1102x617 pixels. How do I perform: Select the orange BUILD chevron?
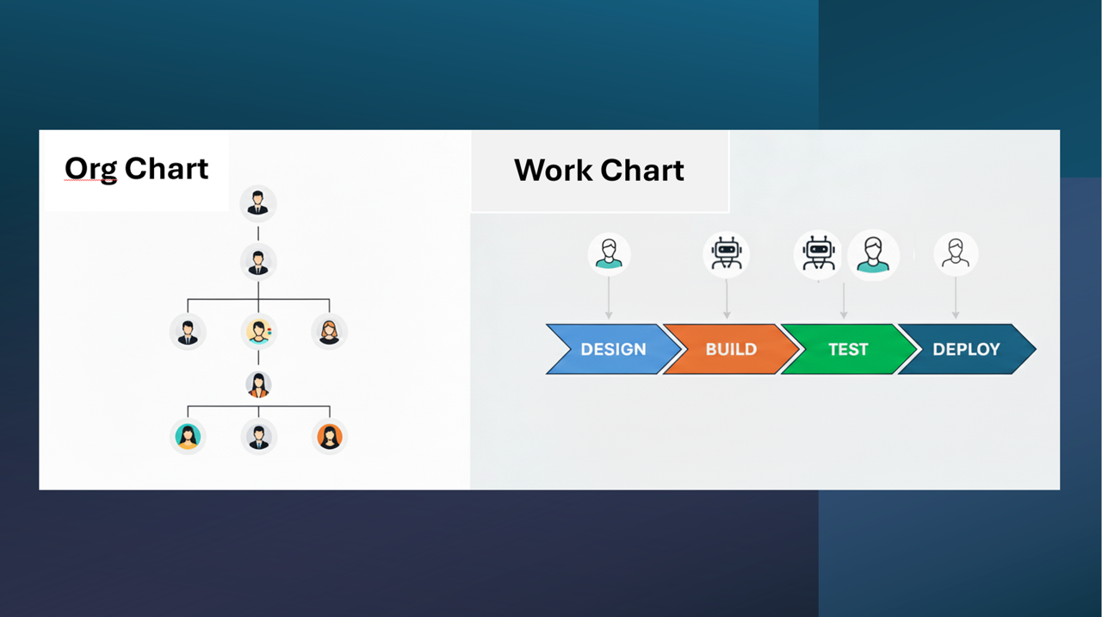(x=731, y=349)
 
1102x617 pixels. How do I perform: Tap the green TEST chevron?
(x=848, y=349)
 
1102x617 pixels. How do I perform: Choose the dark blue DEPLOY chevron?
(x=966, y=349)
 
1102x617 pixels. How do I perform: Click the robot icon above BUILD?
(x=726, y=253)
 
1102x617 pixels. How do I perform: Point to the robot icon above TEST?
(x=818, y=253)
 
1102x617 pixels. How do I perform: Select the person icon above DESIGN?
(x=609, y=253)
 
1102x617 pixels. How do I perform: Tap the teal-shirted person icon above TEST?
(x=873, y=253)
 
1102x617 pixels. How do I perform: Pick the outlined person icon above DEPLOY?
(x=956, y=253)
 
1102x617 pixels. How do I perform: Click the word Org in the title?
(x=90, y=169)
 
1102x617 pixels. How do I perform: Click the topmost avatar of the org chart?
(x=258, y=203)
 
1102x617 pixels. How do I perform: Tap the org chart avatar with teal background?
(x=188, y=436)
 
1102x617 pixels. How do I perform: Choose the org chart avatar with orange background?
(x=329, y=436)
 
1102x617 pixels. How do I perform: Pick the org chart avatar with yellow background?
(x=258, y=331)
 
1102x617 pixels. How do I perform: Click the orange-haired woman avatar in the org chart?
(x=329, y=331)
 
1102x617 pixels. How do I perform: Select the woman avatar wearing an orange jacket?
(x=258, y=384)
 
